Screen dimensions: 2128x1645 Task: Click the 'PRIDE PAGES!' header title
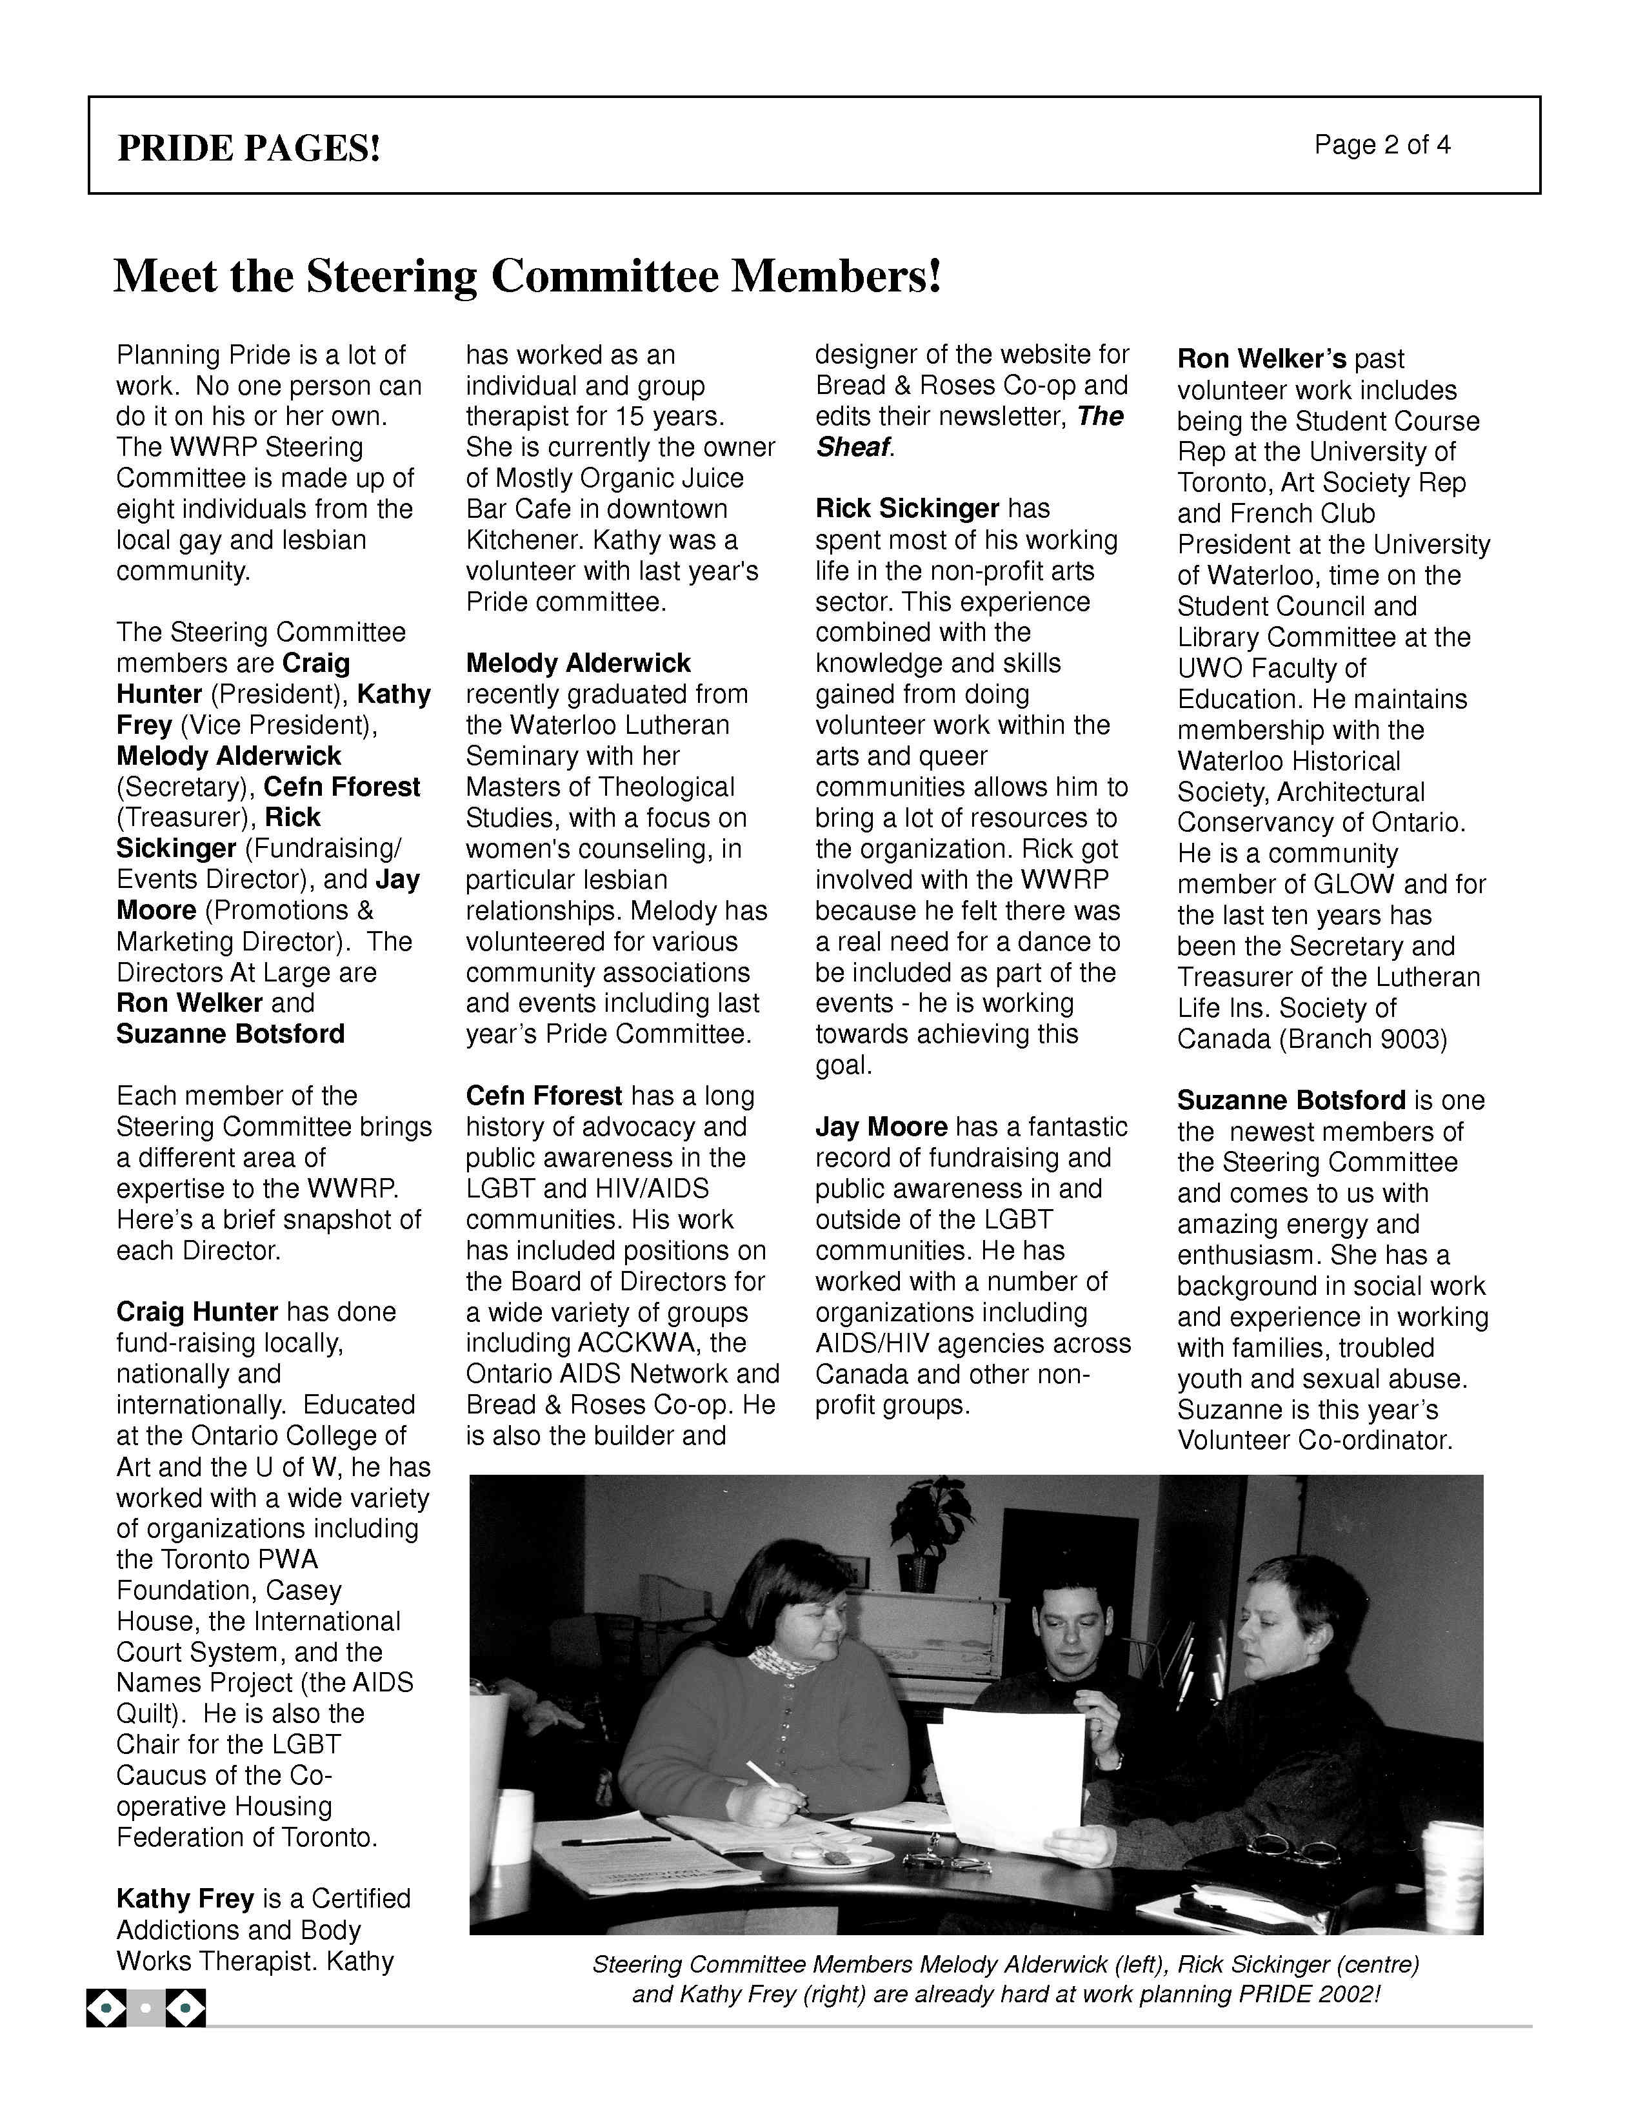pos(248,148)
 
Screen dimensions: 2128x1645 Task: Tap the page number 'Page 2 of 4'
pos(1381,144)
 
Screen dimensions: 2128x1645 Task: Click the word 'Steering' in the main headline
pos(392,276)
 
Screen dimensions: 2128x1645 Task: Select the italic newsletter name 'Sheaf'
pos(853,448)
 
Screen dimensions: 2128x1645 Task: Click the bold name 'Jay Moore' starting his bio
pos(881,1127)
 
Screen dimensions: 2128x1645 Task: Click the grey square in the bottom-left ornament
pos(145,2007)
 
